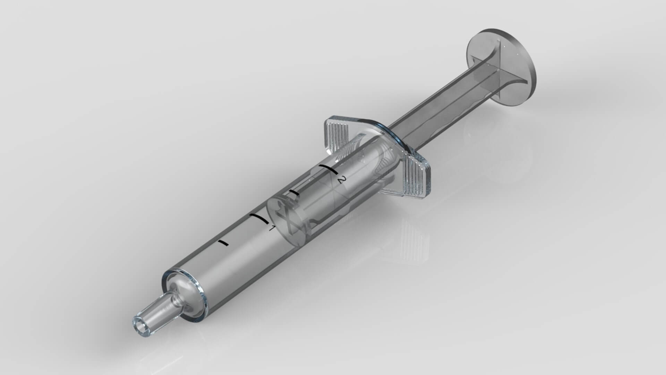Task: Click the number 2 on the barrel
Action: [342, 180]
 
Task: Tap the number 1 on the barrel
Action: [272, 228]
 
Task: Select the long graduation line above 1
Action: [258, 218]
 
